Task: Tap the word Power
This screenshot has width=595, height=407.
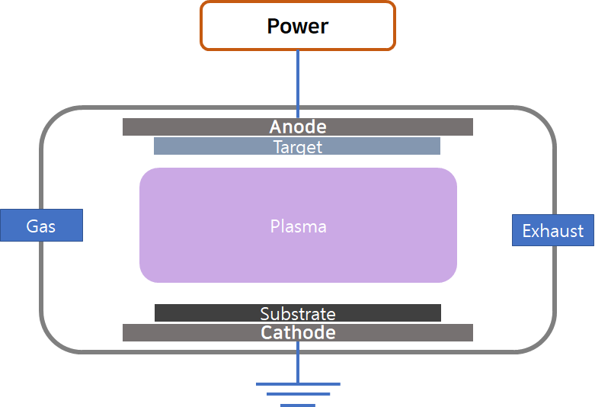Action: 297,26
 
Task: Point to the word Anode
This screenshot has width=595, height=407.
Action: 298,127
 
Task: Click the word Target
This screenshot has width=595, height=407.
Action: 298,146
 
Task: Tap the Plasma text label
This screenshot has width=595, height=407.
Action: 298,226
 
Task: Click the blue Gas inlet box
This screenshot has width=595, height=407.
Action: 41,226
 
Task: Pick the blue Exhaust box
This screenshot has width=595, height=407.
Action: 552,230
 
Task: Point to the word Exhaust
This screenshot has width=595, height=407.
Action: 552,230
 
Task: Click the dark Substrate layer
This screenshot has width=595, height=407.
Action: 198,313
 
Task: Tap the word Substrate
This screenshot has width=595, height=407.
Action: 298,313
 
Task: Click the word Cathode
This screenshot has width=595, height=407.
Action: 298,333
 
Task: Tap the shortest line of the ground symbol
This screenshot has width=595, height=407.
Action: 298,405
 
